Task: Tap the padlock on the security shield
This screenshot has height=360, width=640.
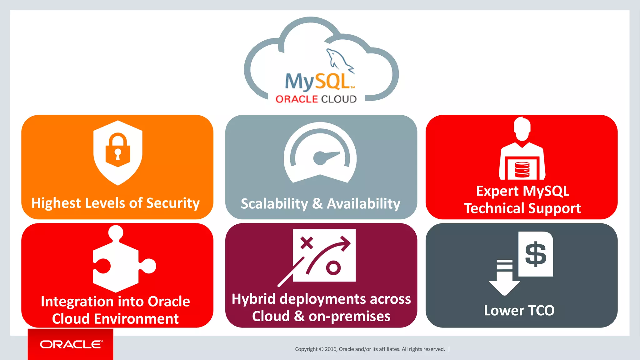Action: point(118,150)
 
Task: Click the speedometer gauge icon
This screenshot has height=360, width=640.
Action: point(320,153)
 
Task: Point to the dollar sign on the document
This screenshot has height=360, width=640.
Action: point(536,254)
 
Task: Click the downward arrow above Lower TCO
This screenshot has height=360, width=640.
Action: point(504,278)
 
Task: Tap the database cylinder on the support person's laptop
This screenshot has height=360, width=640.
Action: point(522,170)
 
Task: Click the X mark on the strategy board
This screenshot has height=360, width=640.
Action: point(307,243)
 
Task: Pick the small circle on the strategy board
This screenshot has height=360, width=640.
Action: point(333,268)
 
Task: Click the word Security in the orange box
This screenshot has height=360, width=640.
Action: point(173,203)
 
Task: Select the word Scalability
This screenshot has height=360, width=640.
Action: point(274,204)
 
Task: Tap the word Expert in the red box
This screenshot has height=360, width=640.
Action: point(497,191)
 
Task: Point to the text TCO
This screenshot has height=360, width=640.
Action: point(541,311)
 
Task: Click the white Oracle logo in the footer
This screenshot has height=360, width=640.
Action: point(71,344)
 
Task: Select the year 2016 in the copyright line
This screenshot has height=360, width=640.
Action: point(331,349)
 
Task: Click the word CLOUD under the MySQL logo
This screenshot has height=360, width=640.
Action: point(339,99)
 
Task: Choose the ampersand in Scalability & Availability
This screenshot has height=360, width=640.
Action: point(317,204)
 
